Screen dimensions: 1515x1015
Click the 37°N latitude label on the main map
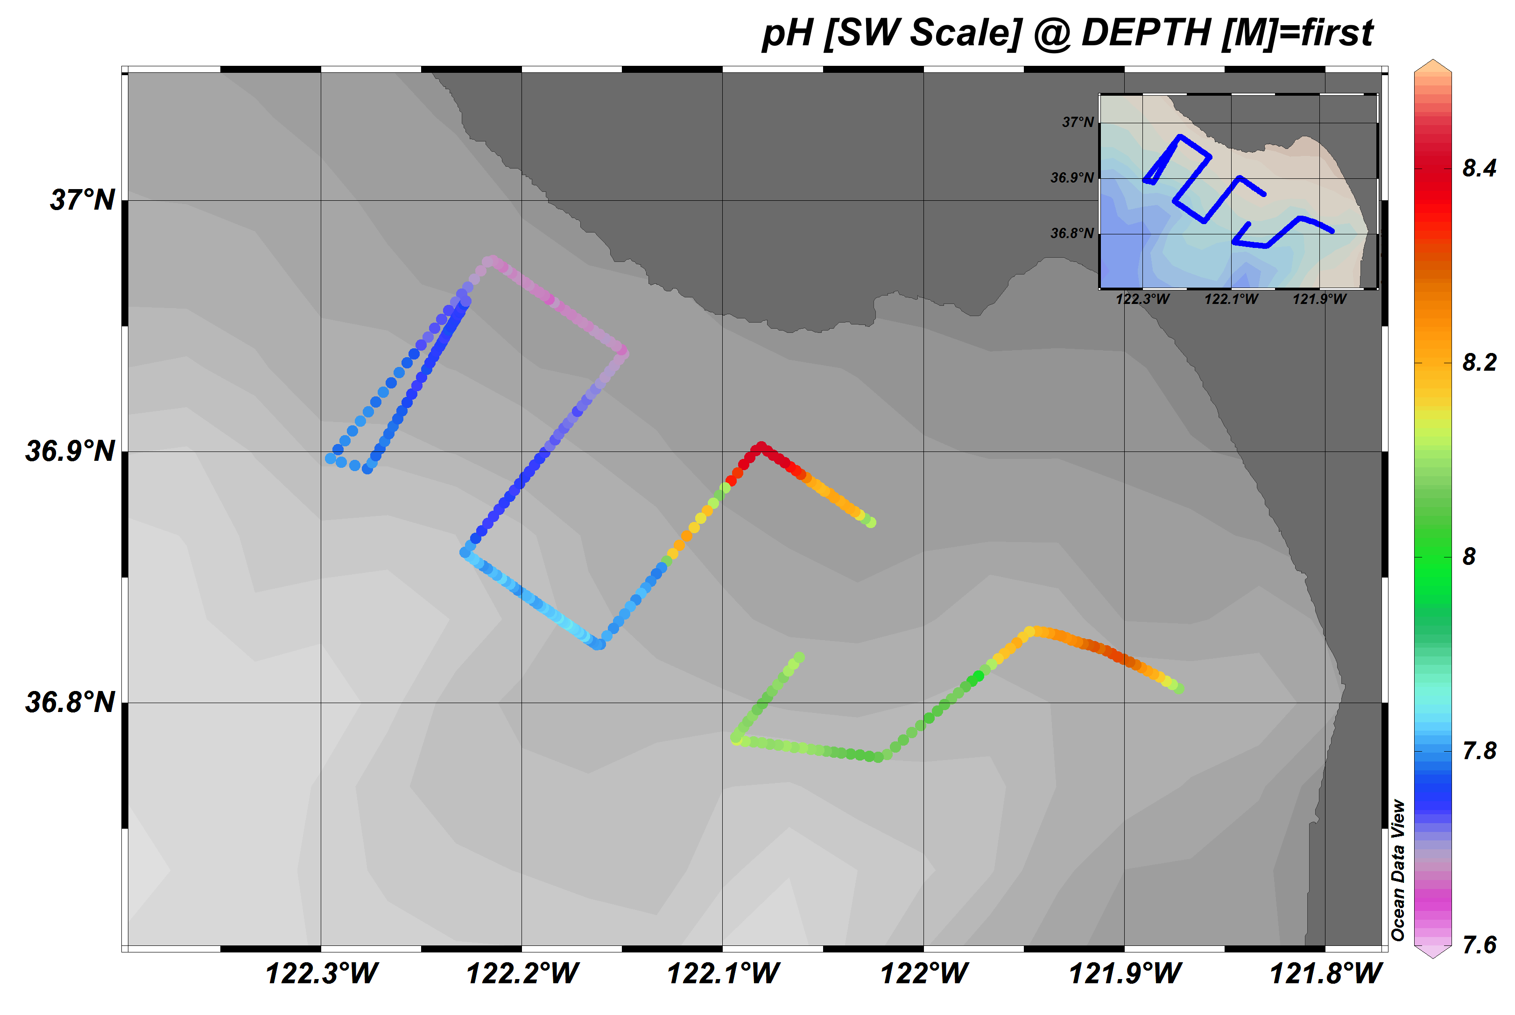coord(82,200)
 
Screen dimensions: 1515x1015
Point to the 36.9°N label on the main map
coord(70,451)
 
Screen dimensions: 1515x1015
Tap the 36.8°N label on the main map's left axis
coord(70,702)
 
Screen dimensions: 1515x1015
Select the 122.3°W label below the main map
coord(322,973)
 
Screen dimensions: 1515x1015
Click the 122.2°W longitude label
coord(522,973)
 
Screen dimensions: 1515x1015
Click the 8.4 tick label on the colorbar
coord(1480,168)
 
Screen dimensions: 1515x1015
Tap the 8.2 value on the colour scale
coord(1480,362)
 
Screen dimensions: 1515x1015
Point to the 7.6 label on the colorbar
coord(1480,945)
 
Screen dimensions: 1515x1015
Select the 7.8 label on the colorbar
coord(1480,751)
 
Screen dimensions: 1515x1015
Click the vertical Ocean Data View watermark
coord(1398,870)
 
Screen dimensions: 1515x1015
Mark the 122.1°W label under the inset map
coord(1231,299)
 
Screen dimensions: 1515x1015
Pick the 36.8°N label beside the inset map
coord(1071,233)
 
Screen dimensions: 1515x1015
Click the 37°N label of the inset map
coord(1078,122)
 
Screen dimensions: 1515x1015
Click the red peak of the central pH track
coord(761,447)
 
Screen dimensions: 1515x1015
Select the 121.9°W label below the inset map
coord(1319,299)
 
